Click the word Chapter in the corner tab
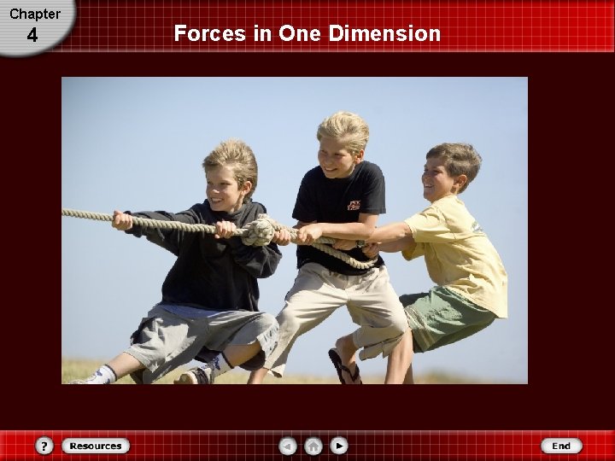(34, 14)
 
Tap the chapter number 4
(32, 36)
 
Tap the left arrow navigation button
(290, 446)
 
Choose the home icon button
(313, 446)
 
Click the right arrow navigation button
(339, 446)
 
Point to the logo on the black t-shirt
(354, 205)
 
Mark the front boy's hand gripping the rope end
(122, 220)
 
